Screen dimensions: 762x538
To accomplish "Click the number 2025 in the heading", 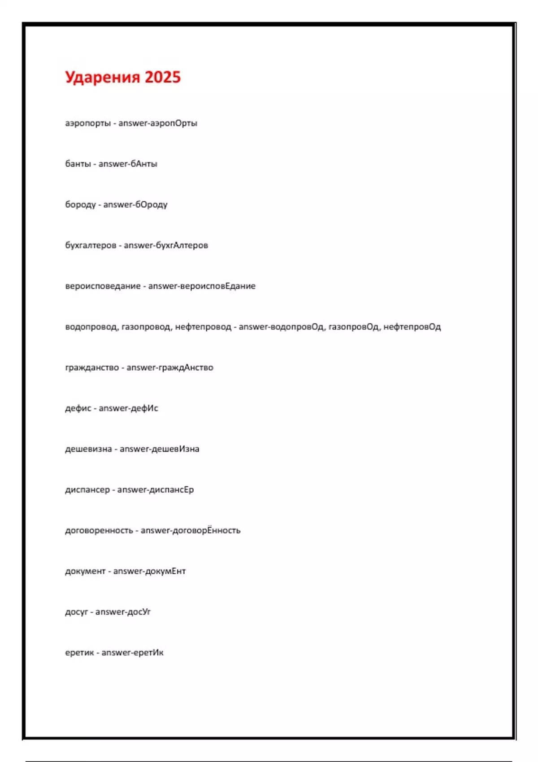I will pyautogui.click(x=162, y=77).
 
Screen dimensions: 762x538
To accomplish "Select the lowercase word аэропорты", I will pyautogui.click(x=88, y=123).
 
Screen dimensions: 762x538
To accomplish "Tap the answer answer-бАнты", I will pyautogui.click(x=128, y=164).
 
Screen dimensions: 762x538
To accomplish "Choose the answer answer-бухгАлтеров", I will pyautogui.click(x=166, y=246).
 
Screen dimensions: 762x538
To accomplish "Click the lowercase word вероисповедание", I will pyautogui.click(x=103, y=286).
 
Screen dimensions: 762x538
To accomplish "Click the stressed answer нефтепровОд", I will pyautogui.click(x=412, y=327).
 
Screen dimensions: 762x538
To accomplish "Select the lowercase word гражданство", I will pyautogui.click(x=92, y=368).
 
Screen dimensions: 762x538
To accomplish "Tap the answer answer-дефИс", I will pyautogui.click(x=128, y=408).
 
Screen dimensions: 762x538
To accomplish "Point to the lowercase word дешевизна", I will pyautogui.click(x=88, y=449).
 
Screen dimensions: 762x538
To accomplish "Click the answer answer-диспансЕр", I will pyautogui.click(x=156, y=490).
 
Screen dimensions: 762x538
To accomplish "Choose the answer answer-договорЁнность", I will pyautogui.click(x=191, y=531).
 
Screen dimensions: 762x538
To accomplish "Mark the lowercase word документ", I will pyautogui.click(x=85, y=571).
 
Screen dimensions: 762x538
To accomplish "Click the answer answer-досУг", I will pyautogui.click(x=123, y=612).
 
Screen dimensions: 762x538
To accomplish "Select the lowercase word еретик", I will pyautogui.click(x=79, y=653).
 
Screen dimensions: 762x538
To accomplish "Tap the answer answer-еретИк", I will pyautogui.click(x=132, y=653).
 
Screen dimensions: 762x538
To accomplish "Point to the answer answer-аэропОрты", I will pyautogui.click(x=158, y=123).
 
